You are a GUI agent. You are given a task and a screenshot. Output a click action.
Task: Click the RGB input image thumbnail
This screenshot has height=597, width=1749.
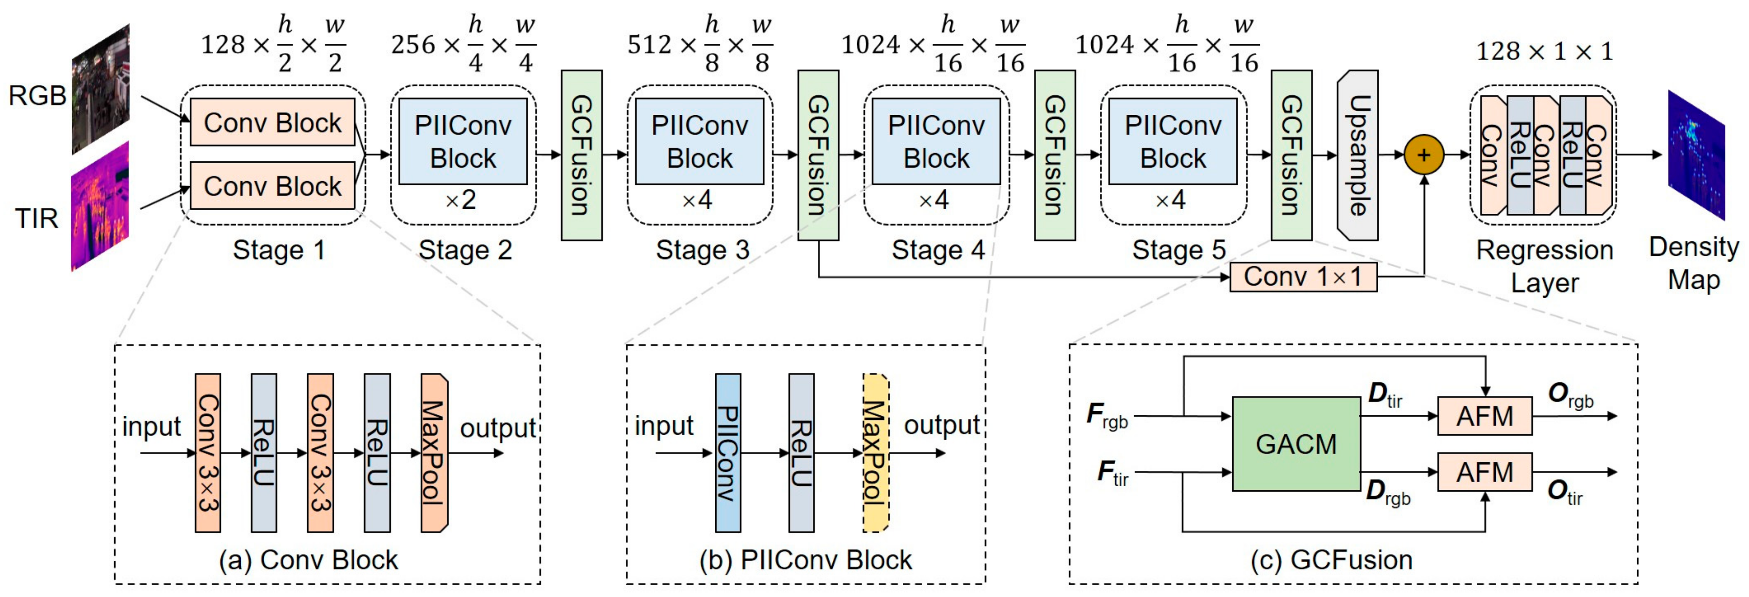pyautogui.click(x=100, y=90)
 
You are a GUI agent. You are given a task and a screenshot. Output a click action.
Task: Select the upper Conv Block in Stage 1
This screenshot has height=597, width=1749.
pyautogui.click(x=272, y=122)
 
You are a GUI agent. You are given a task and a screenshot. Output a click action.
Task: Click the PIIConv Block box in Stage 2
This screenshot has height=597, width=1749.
pyautogui.click(x=463, y=141)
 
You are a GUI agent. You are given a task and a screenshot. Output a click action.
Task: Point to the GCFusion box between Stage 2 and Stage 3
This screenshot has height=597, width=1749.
pyautogui.click(x=581, y=155)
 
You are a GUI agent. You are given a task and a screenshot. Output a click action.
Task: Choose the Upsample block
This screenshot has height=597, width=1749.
pyautogui.click(x=1357, y=155)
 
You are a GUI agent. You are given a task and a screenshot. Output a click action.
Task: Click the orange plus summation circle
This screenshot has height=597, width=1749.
pyautogui.click(x=1423, y=155)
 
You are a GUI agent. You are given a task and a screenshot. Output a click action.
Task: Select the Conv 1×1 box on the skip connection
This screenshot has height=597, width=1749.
pyautogui.click(x=1303, y=277)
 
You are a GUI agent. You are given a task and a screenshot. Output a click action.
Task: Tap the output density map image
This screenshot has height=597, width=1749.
pyautogui.click(x=1696, y=155)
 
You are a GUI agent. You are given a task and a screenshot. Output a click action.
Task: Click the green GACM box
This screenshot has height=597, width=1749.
pyautogui.click(x=1296, y=444)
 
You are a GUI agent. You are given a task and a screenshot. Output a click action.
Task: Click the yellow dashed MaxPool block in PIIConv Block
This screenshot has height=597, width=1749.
pyautogui.click(x=876, y=452)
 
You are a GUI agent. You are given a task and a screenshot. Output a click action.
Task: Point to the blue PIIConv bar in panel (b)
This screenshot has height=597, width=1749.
pyautogui.click(x=728, y=452)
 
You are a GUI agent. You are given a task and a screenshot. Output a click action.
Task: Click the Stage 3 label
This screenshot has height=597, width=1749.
pyautogui.click(x=702, y=250)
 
